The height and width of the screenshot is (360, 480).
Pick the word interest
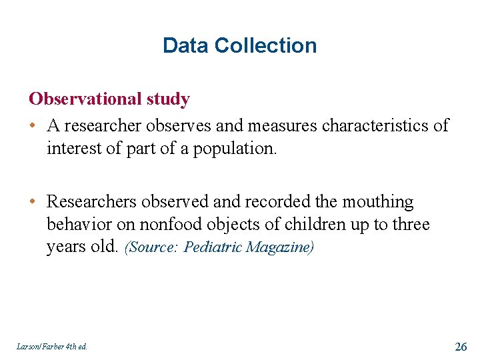tap(74, 149)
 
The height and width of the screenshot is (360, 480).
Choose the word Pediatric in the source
tap(214, 247)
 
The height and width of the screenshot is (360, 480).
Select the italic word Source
tap(154, 247)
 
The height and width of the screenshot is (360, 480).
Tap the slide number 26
tap(460, 346)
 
